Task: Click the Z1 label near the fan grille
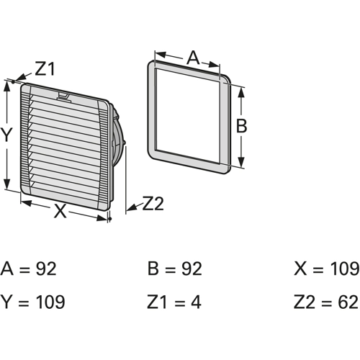45,68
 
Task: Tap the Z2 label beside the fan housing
153,204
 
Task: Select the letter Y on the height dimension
6,135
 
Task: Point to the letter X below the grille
60,211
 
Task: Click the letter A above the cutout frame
193,58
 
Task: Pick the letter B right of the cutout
241,125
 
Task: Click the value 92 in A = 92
46,269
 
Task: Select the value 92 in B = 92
192,269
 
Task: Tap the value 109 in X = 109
345,269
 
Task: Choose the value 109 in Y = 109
50,302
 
